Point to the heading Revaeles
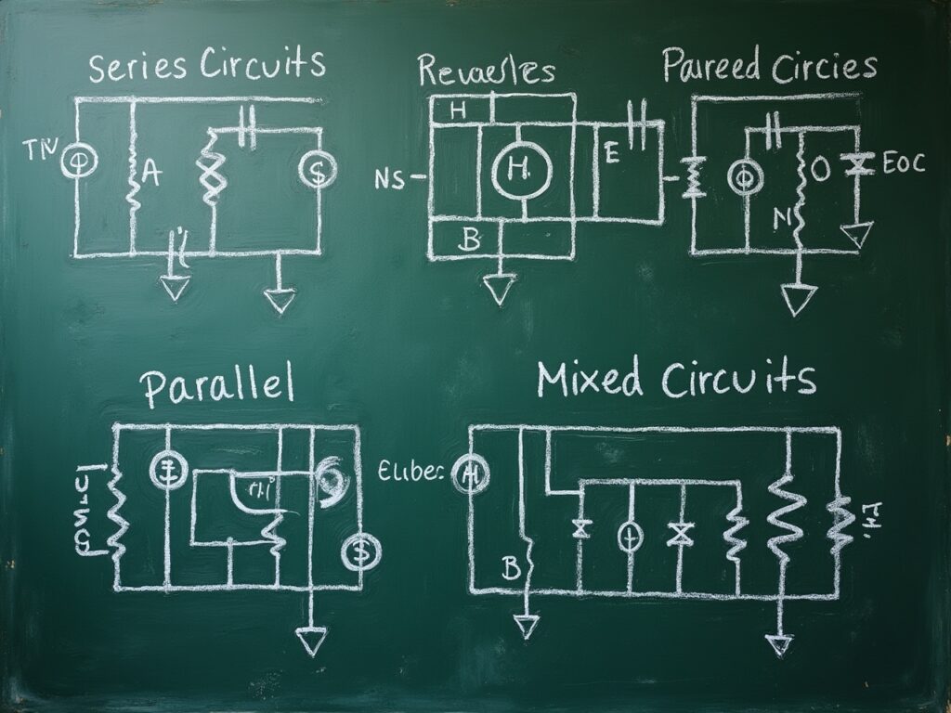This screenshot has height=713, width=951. coord(486,71)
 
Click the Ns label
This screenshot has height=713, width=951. coord(392,178)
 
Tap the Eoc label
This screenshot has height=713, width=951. coord(903,164)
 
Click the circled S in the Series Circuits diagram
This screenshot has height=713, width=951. coord(317,170)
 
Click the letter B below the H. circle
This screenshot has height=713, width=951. coord(471,241)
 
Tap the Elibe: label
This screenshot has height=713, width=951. coord(412,473)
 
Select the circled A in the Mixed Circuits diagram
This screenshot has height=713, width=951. coord(469,475)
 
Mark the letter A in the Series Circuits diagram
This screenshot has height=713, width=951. coord(151,174)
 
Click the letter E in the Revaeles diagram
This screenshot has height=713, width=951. coord(610,155)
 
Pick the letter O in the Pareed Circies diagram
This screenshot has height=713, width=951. coord(818,170)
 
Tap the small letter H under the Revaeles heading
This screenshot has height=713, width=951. coord(457,110)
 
